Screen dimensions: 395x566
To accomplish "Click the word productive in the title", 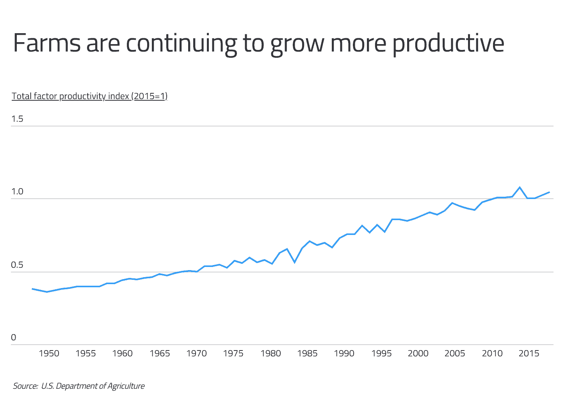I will point(448,44).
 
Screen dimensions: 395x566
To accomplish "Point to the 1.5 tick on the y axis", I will point(17,119).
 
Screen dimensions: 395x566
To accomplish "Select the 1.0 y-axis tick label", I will point(17,192).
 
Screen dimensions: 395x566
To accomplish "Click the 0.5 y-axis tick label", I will point(17,265).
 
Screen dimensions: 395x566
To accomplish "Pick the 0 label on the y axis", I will point(14,338).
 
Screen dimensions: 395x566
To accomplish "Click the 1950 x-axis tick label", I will point(49,354).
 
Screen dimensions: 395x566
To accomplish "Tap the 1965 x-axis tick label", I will point(160,354).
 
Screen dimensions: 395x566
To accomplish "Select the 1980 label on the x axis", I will point(271,354).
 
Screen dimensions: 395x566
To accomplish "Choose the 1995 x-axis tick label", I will point(381,354).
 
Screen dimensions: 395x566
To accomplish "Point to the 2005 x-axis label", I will point(455,354).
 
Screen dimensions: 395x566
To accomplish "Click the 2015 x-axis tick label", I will point(529,354).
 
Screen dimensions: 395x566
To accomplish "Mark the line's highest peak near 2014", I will point(520,187).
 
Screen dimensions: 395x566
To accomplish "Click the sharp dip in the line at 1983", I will point(295,262).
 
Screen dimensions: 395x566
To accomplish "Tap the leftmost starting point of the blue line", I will point(32,289).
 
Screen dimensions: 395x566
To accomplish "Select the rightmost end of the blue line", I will point(549,192).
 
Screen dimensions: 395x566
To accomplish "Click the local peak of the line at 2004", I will point(452,203).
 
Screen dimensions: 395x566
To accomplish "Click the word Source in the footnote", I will point(25,386).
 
